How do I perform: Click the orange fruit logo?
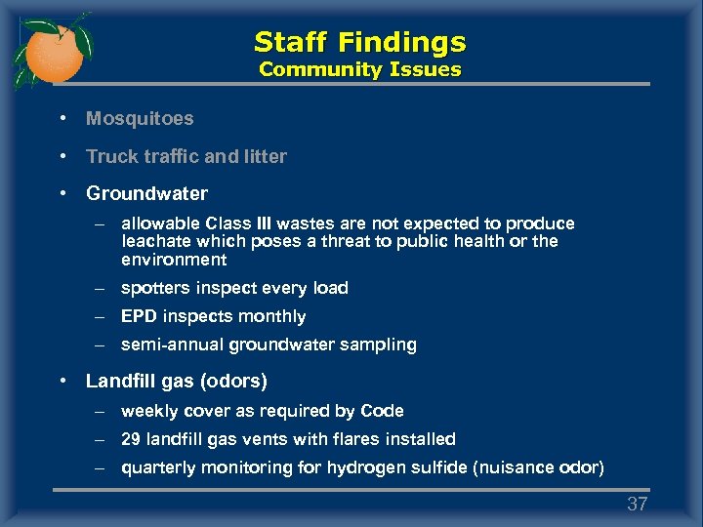51,51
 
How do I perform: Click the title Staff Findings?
359,42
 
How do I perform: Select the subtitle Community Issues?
359,69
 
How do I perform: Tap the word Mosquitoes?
140,118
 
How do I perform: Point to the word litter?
265,156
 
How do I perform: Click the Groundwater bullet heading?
146,193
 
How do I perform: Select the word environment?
174,260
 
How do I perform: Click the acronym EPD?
140,316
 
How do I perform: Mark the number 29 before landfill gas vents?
131,439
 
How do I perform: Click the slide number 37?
638,504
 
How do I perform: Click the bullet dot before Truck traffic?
62,156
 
